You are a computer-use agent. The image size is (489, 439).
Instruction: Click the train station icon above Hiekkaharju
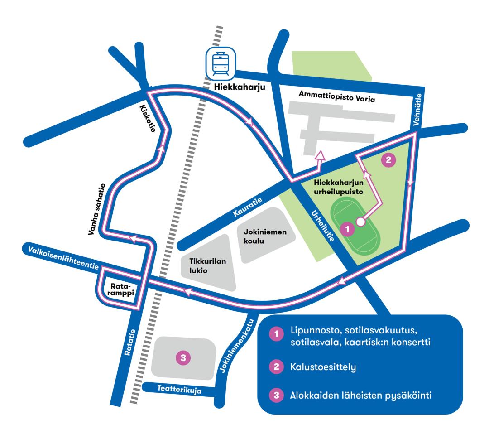[221, 63]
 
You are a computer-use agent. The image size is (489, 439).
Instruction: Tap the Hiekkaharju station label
[240, 87]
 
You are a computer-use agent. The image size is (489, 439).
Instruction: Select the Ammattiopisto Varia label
[337, 96]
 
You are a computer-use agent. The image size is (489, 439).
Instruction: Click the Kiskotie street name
[148, 118]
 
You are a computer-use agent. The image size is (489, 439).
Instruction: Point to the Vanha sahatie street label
[97, 209]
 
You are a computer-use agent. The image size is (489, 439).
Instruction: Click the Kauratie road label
[248, 207]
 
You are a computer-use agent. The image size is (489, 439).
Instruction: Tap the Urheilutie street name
[323, 226]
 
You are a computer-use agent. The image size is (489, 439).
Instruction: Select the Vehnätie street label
[417, 110]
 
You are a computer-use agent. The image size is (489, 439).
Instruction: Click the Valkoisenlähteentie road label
[63, 258]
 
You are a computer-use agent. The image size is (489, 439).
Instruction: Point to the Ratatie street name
[130, 342]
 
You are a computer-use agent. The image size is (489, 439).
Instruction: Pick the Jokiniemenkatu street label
[237, 346]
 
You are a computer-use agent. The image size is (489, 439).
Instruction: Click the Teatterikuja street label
[179, 389]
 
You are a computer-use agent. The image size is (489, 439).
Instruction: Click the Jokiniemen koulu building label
[265, 236]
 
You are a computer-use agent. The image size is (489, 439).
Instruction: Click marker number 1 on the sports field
[347, 229]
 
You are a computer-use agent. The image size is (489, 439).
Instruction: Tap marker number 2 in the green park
[388, 160]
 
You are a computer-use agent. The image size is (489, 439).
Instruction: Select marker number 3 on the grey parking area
[183, 357]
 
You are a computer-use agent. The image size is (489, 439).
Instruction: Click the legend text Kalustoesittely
[323, 367]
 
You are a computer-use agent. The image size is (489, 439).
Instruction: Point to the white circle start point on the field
[360, 222]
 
